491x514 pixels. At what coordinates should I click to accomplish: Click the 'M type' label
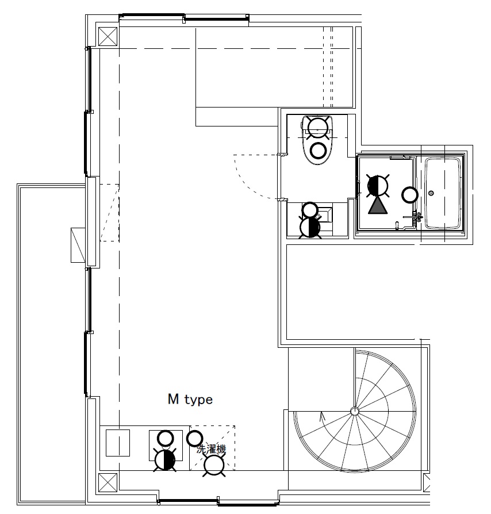pos(190,400)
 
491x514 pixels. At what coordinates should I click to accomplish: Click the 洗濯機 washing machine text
pos(211,449)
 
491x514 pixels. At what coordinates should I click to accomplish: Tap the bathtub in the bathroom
pos(443,193)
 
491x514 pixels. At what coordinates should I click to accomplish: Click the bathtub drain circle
pos(431,193)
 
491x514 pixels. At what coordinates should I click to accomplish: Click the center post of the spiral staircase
pos(354,411)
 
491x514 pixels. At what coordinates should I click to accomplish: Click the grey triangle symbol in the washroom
pos(378,206)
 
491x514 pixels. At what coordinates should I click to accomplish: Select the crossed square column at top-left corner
pos(108,36)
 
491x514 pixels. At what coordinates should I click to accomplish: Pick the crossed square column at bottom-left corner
pos(108,482)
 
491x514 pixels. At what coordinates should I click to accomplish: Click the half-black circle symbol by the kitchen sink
pos(165,460)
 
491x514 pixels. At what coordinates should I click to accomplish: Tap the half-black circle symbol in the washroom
pos(378,186)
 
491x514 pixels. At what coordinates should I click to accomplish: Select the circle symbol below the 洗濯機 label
pos(214,465)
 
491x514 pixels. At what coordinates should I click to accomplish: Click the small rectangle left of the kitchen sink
pos(118,443)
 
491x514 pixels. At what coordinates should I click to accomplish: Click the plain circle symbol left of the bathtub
pos(410,195)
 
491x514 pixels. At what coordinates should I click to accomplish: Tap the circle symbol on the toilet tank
pos(317,128)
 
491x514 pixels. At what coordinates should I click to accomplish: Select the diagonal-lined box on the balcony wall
pos(78,245)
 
